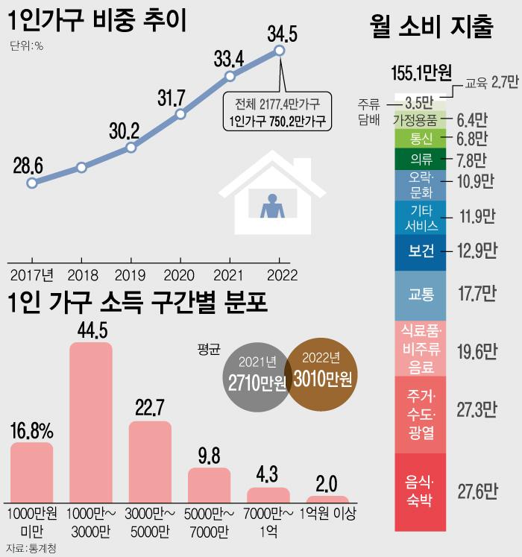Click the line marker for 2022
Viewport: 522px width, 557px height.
(x=280, y=50)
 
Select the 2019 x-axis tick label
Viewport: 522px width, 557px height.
(x=131, y=273)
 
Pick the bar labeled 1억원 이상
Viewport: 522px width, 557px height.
(x=327, y=501)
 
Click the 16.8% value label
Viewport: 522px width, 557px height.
(x=31, y=431)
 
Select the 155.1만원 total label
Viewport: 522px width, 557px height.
(x=421, y=72)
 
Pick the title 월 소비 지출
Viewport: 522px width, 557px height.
(x=431, y=28)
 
